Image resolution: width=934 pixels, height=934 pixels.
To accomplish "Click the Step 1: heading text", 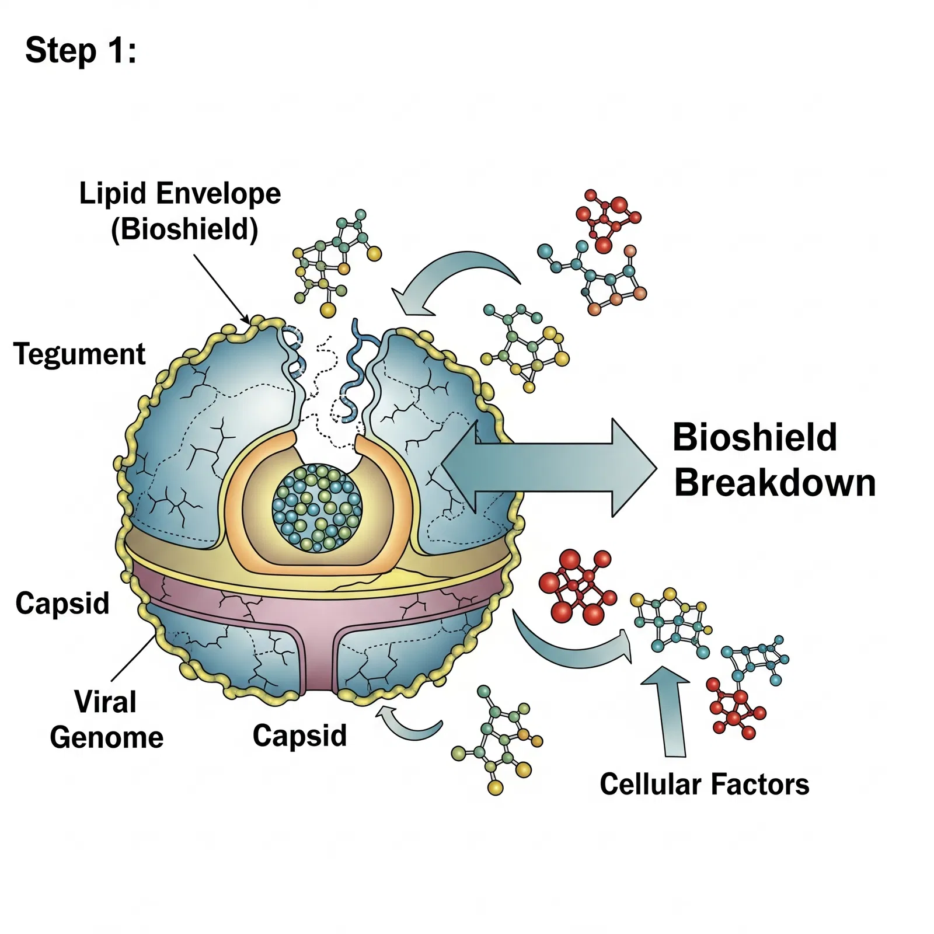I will coord(81,50).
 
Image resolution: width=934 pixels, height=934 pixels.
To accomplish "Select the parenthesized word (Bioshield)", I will coord(184,229).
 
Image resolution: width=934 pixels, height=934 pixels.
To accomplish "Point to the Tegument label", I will coord(79,354).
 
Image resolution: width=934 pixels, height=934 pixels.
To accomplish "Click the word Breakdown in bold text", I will coord(775,483).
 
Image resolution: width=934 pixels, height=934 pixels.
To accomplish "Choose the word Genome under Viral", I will coord(107,737).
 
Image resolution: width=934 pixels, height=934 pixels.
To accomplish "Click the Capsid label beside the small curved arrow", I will coord(299,736).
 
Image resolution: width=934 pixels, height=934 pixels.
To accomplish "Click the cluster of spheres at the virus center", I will coord(316,508).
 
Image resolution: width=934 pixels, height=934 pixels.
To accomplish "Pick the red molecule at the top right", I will coord(607,219).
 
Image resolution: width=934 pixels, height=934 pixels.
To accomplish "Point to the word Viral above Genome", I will coord(105,702).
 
